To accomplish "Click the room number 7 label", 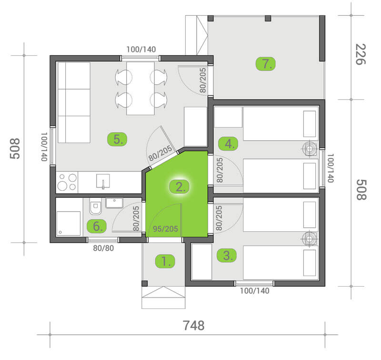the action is (266, 64).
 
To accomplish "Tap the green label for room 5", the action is (117, 139).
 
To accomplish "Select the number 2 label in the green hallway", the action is (180, 187).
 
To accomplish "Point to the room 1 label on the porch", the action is (165, 261).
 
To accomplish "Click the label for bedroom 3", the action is (227, 256).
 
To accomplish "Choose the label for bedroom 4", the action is (228, 144).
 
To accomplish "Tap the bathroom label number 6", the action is (97, 226).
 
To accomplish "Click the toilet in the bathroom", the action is (96, 206).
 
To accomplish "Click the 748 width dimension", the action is (194, 326).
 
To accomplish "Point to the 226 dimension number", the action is (361, 54).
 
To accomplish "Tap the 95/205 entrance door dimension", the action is (165, 229).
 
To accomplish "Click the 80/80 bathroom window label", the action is (103, 248).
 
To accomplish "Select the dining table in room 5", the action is (140, 88).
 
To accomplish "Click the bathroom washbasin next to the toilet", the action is (114, 203).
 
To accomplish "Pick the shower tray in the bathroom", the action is (69, 224).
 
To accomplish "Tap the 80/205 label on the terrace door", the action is (203, 80).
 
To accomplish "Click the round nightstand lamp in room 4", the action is (310, 149).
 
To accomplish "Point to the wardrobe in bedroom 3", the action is (201, 262).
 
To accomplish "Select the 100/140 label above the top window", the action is (141, 50).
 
